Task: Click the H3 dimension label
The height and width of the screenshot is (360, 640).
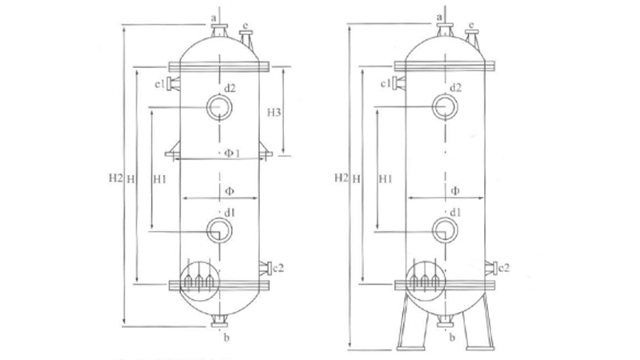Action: point(274,112)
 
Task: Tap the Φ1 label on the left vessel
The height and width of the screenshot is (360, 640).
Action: point(232,153)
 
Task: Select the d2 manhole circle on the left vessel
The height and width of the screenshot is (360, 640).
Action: point(219,107)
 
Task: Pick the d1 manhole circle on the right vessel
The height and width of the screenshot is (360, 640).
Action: point(445,230)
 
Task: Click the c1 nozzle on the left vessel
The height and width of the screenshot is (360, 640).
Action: point(173,83)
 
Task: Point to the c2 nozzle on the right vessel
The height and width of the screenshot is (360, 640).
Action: point(491,268)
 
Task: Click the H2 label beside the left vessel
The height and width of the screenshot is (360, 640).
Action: point(115,178)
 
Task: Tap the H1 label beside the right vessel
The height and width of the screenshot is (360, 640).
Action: point(385,178)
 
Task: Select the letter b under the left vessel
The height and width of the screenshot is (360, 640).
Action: point(226,337)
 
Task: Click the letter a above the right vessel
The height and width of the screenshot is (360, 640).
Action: point(439,17)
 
